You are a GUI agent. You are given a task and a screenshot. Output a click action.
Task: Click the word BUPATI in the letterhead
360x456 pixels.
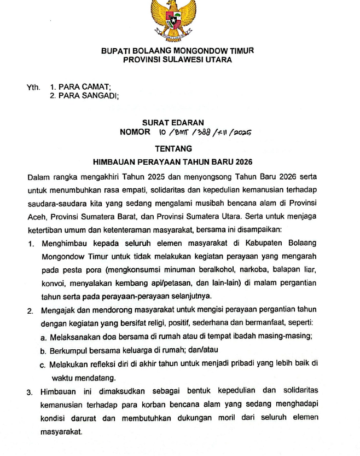(115, 51)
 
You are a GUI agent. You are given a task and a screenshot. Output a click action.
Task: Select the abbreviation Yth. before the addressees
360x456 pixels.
(33, 87)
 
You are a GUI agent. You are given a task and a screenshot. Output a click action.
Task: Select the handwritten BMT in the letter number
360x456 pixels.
(184, 132)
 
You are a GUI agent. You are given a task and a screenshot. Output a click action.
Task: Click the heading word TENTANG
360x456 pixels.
(173, 148)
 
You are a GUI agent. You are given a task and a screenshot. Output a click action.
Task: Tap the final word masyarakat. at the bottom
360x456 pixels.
(61, 432)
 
